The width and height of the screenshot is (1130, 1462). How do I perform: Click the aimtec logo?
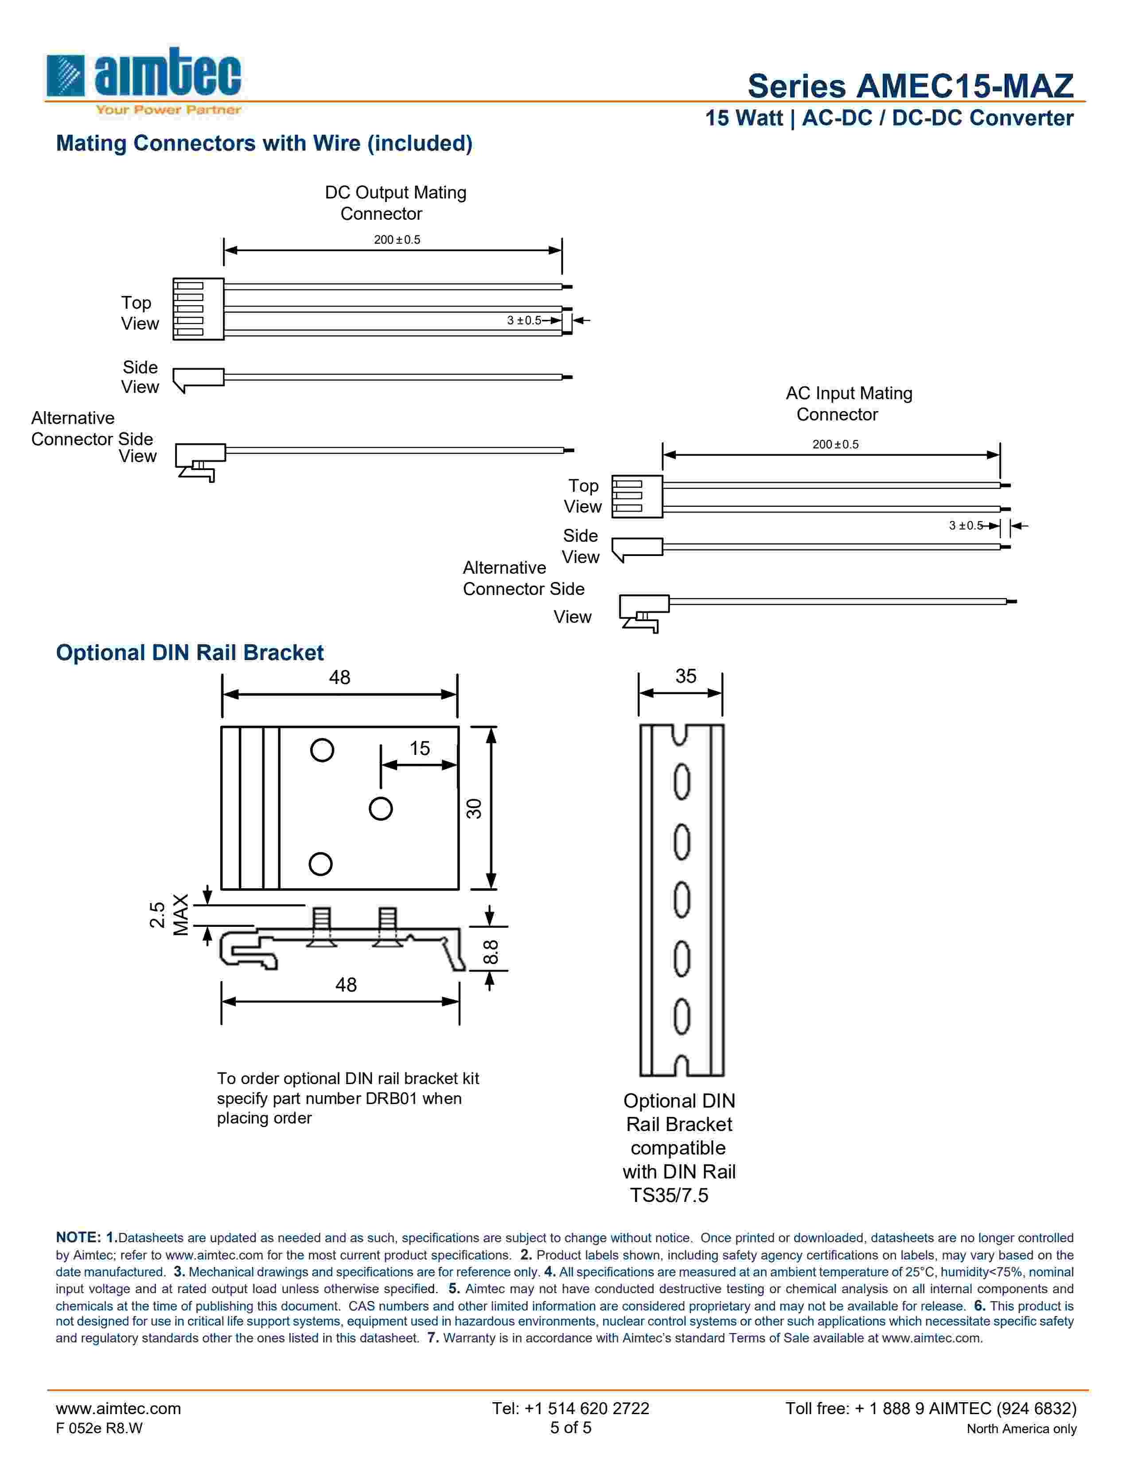(144, 80)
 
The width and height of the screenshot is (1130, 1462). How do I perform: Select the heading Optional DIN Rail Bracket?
(190, 653)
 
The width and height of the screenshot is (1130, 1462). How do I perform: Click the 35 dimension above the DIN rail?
(686, 676)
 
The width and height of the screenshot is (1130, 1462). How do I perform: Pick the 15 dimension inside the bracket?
(420, 748)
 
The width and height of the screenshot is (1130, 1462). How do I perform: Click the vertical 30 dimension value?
(474, 809)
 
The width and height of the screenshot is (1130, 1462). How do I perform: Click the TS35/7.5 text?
(669, 1195)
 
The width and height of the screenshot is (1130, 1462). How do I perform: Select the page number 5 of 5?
(570, 1428)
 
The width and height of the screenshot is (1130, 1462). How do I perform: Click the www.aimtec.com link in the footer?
(118, 1408)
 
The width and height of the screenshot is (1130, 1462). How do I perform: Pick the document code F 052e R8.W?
(99, 1428)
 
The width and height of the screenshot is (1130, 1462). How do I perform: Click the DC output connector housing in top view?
(198, 309)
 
